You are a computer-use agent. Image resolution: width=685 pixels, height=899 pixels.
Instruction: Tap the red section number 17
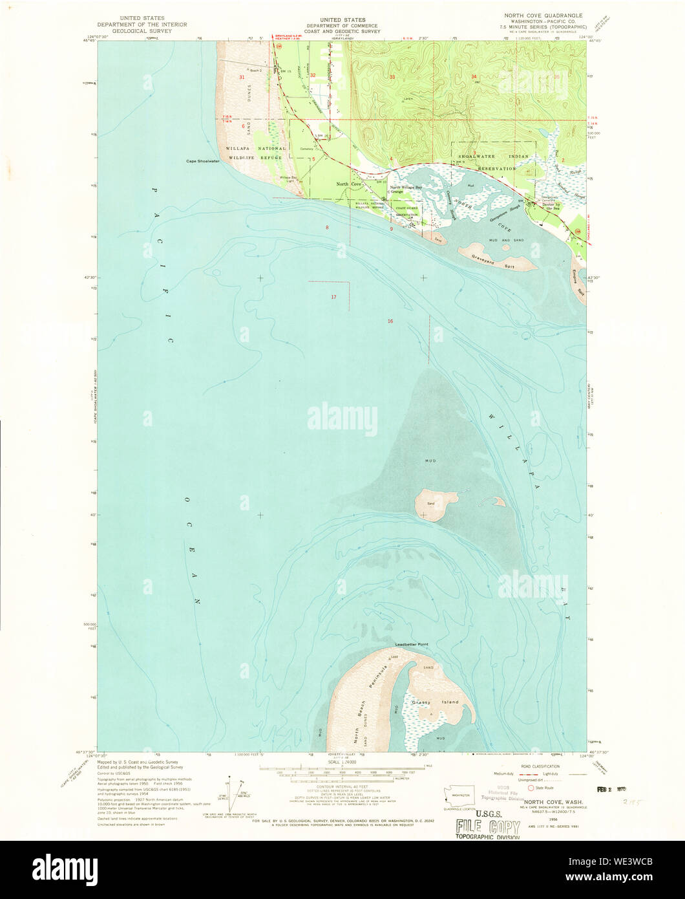[333, 297]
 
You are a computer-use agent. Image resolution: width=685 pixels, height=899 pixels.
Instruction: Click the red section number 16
[390, 321]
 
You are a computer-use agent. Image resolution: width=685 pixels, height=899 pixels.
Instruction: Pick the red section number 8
[327, 227]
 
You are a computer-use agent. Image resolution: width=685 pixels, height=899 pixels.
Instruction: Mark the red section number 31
[242, 77]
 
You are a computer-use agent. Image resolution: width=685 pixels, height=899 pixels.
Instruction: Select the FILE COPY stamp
[488, 827]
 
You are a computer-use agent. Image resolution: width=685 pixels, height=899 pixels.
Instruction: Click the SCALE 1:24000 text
[342, 763]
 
